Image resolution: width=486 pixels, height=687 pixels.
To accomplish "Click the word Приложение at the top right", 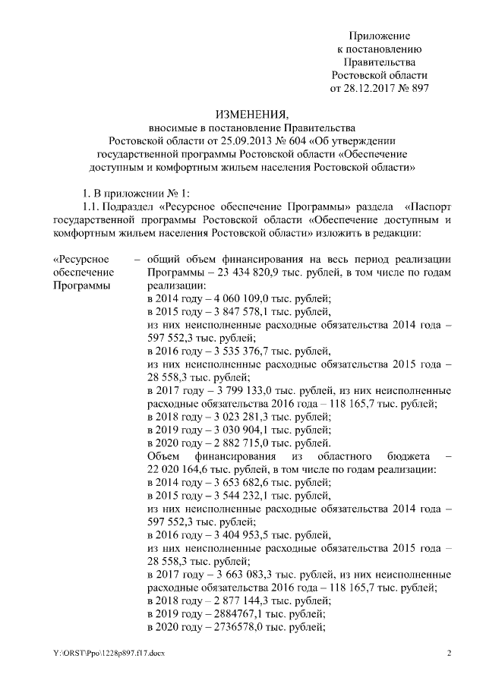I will pyautogui.click(x=380, y=36).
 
